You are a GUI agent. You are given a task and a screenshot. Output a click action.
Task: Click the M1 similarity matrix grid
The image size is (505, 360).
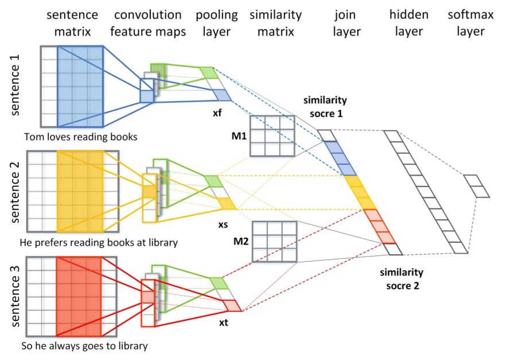pos(271,136)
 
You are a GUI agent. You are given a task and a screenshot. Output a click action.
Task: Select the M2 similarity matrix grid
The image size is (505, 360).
pos(274,242)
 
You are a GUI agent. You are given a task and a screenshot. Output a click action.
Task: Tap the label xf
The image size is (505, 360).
pos(217,114)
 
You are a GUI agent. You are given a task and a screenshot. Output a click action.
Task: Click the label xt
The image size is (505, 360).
pos(224,323)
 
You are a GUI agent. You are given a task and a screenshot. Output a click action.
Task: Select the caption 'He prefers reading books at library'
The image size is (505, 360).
pos(98,242)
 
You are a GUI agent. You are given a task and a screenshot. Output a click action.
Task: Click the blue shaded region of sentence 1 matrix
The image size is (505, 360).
pos(80,86)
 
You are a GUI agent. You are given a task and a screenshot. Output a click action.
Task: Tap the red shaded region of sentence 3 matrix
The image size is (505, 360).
pos(79,296)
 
